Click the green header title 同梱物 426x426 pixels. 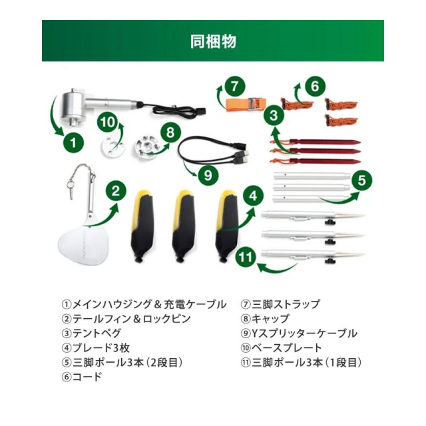(x=213, y=41)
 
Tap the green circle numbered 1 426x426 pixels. (x=74, y=142)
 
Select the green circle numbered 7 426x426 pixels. (x=235, y=87)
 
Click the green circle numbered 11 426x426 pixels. (x=246, y=256)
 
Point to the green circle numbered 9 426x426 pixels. (x=208, y=175)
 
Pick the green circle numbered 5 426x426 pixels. (x=362, y=180)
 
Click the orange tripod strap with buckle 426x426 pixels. (x=245, y=105)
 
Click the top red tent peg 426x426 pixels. (x=315, y=142)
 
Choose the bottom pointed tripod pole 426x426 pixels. (x=313, y=255)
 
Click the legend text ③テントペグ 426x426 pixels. (x=92, y=333)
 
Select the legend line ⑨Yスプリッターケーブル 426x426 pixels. (x=299, y=333)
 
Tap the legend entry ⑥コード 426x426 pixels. (x=82, y=377)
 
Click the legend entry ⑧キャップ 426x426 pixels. (x=265, y=318)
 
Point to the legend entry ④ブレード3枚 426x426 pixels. (x=96, y=347)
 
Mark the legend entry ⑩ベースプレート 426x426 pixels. (x=281, y=347)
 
